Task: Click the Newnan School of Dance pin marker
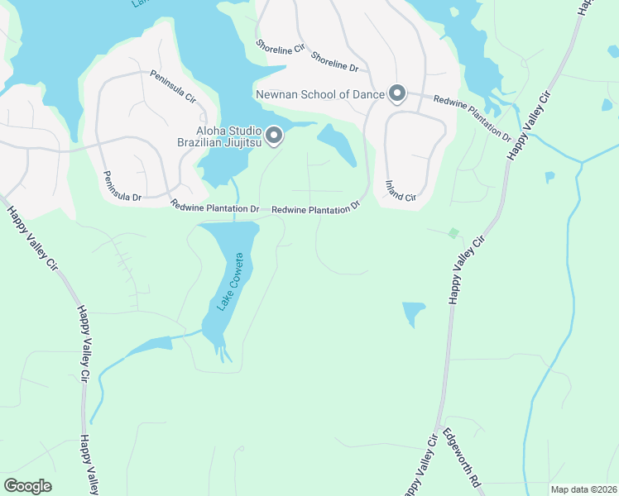[397, 93]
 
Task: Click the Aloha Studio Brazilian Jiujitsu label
[228, 137]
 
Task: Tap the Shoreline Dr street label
[334, 61]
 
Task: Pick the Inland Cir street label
[400, 191]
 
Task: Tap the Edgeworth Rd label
[462, 456]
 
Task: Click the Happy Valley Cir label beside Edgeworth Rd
[419, 466]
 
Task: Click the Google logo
[27, 486]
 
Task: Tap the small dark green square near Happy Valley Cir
[452, 234]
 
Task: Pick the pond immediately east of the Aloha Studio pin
[337, 143]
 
